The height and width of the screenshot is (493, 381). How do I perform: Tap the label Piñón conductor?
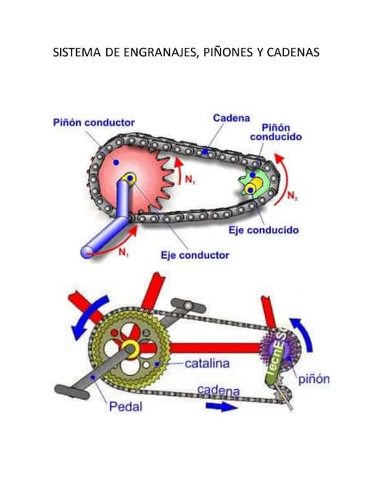click(x=94, y=122)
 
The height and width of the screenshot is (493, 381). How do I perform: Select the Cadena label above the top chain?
click(x=232, y=118)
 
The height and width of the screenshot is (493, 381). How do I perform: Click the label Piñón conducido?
click(x=276, y=132)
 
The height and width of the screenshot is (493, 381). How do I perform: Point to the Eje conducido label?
click(x=263, y=230)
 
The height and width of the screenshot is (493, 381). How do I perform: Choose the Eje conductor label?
click(x=195, y=255)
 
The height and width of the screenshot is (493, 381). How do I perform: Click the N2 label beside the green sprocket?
click(x=292, y=196)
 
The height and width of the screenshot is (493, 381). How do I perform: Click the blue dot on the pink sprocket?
click(x=116, y=163)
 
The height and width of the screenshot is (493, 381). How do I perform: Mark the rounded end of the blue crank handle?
click(x=87, y=252)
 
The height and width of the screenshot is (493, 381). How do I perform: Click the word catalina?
click(x=207, y=364)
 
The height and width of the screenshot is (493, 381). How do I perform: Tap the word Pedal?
click(x=125, y=407)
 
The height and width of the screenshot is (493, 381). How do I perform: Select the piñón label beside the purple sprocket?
click(x=314, y=379)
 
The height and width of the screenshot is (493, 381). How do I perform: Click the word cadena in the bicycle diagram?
click(x=219, y=391)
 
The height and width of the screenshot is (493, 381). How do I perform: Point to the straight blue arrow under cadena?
click(x=222, y=407)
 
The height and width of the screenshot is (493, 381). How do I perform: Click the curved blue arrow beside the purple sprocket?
click(x=302, y=334)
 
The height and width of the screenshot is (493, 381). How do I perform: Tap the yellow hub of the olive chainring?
click(x=129, y=349)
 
